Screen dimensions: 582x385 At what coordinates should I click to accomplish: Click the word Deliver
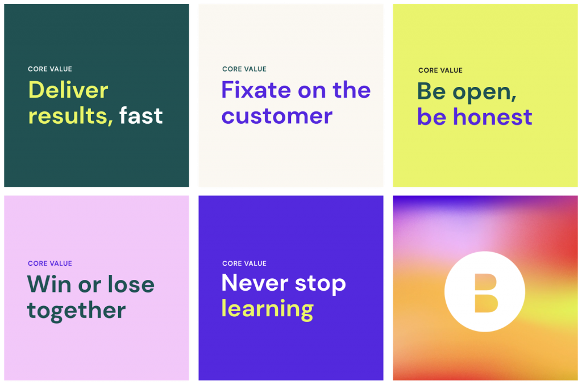(x=68, y=90)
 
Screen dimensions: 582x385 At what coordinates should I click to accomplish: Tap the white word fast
(x=141, y=115)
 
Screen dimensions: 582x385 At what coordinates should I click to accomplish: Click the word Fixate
(x=256, y=90)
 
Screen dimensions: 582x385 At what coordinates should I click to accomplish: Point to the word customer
(x=277, y=116)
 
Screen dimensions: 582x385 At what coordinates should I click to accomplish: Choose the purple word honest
(x=493, y=116)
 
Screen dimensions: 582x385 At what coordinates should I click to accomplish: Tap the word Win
(x=49, y=284)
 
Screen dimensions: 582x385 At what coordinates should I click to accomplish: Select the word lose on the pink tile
(x=131, y=284)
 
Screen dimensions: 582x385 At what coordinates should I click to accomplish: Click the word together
(x=77, y=311)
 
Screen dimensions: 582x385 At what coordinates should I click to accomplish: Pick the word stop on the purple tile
(x=321, y=284)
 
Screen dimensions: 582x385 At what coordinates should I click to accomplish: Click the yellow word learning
(x=267, y=309)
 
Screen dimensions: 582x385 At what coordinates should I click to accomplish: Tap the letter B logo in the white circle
(x=485, y=293)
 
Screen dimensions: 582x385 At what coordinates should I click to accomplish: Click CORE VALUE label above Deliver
(x=50, y=69)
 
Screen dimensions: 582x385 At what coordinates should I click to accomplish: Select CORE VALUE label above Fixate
(x=244, y=69)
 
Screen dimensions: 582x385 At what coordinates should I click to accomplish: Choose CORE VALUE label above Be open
(x=440, y=70)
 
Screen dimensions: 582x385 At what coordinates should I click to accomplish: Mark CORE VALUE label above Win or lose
(x=50, y=263)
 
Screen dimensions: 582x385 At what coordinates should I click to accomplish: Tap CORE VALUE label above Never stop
(x=244, y=263)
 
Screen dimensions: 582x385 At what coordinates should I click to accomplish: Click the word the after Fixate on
(x=351, y=90)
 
